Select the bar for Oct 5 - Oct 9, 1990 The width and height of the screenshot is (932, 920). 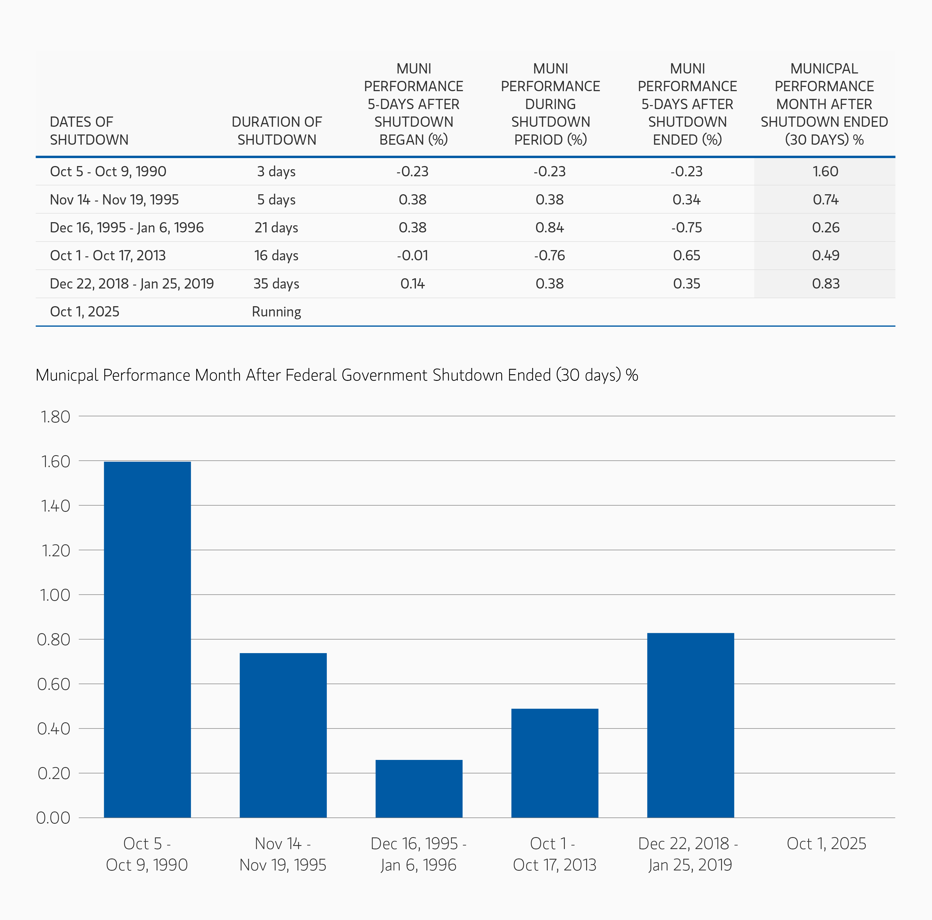[x=147, y=639]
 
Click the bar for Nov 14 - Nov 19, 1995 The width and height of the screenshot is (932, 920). [x=283, y=735]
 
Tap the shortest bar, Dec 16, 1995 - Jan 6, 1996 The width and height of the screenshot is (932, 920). [x=419, y=789]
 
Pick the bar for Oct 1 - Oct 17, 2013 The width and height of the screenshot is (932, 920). [x=555, y=763]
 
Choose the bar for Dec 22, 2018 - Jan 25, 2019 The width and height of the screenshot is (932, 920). [x=690, y=725]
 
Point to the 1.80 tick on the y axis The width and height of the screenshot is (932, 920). [x=56, y=416]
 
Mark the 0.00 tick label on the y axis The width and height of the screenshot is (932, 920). [x=53, y=818]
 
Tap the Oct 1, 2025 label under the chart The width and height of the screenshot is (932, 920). [x=826, y=843]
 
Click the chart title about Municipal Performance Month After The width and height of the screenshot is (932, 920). [x=337, y=375]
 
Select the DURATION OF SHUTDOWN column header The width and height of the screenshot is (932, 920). [x=276, y=130]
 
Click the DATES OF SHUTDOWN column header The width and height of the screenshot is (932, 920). [x=89, y=130]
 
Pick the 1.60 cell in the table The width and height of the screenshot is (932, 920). [x=825, y=171]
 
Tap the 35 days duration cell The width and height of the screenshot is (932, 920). [x=276, y=283]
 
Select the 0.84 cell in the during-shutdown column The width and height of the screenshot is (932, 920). [x=549, y=227]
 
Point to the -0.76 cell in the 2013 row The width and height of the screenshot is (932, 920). [x=549, y=255]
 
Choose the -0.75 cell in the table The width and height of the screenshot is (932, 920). [x=686, y=227]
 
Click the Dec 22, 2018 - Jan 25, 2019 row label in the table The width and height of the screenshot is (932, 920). [x=132, y=283]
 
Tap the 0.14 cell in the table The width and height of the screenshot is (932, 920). [x=412, y=283]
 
